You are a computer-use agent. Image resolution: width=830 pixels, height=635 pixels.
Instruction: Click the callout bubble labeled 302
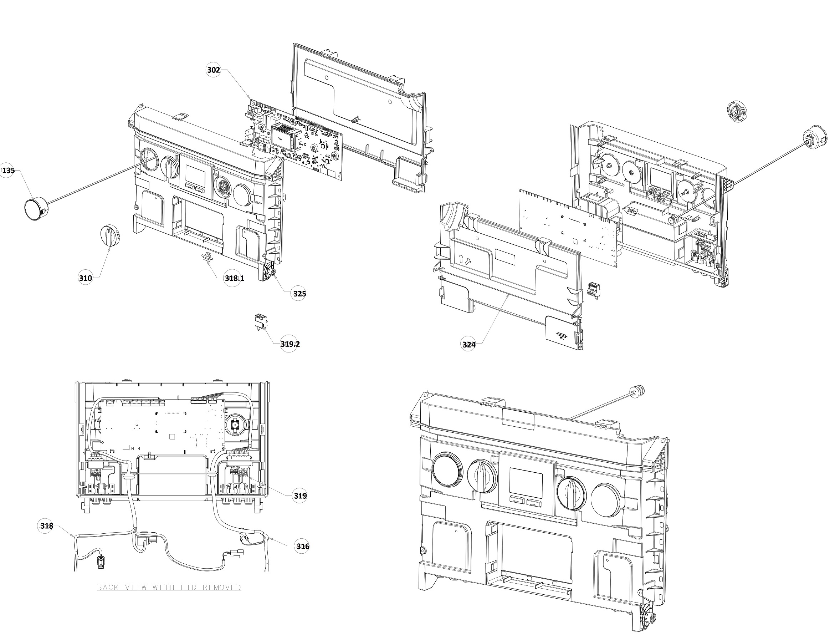coord(214,70)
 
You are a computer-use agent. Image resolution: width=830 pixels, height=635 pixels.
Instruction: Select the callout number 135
coord(8,171)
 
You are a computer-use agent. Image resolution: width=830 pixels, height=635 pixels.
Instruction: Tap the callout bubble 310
coord(85,278)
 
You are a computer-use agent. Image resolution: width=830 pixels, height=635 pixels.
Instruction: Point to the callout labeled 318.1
coord(234,278)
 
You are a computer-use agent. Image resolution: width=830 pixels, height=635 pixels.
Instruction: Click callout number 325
coord(299,294)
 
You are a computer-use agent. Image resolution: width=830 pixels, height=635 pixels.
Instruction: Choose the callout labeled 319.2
coord(290,344)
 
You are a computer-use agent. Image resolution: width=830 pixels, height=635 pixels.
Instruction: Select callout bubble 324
coord(469,345)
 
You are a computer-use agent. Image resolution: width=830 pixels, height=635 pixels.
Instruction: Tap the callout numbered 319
coord(300,496)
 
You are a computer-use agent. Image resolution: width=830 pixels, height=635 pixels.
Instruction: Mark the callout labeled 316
coord(303,547)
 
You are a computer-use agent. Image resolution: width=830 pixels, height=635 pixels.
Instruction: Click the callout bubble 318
coord(47,526)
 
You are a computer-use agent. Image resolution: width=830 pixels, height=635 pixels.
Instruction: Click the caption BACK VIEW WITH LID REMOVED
coord(169,587)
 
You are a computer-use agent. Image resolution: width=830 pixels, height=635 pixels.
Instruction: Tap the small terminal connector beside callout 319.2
coord(261,322)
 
